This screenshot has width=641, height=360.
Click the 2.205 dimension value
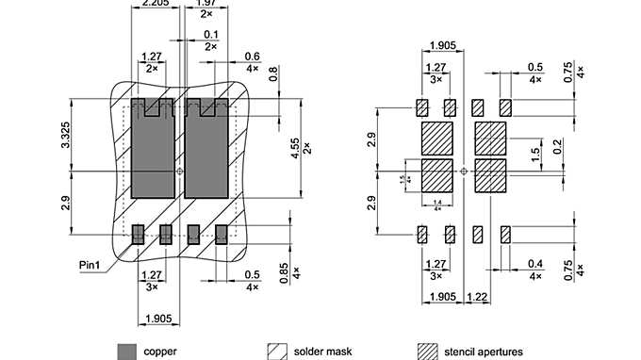pyautogui.click(x=155, y=5)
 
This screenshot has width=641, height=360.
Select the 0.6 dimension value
pyautogui.click(x=252, y=57)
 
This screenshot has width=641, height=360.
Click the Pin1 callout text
pyautogui.click(x=91, y=266)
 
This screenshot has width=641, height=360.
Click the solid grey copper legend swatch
pyautogui.click(x=125, y=351)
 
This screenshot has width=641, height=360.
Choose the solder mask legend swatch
pyautogui.click(x=278, y=351)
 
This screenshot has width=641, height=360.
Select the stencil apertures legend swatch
pyautogui.click(x=427, y=351)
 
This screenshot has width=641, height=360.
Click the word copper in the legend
pyautogui.click(x=160, y=351)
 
